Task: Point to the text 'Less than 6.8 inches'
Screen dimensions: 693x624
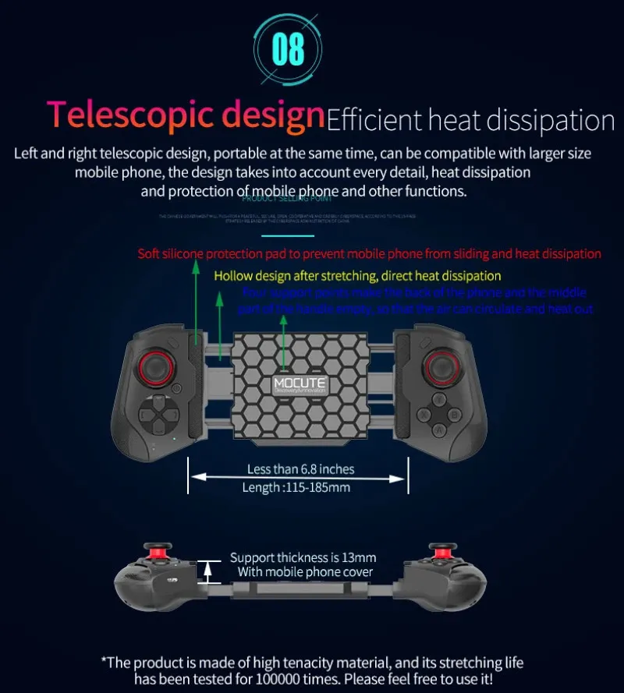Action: tap(300, 468)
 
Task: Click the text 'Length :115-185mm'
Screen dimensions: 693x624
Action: tap(296, 487)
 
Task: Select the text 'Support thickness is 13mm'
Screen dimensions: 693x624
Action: tap(303, 557)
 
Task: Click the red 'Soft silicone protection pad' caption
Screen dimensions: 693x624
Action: tap(369, 253)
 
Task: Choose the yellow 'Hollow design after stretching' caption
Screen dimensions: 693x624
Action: tap(357, 276)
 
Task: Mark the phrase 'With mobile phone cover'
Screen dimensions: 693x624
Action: tap(305, 573)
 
